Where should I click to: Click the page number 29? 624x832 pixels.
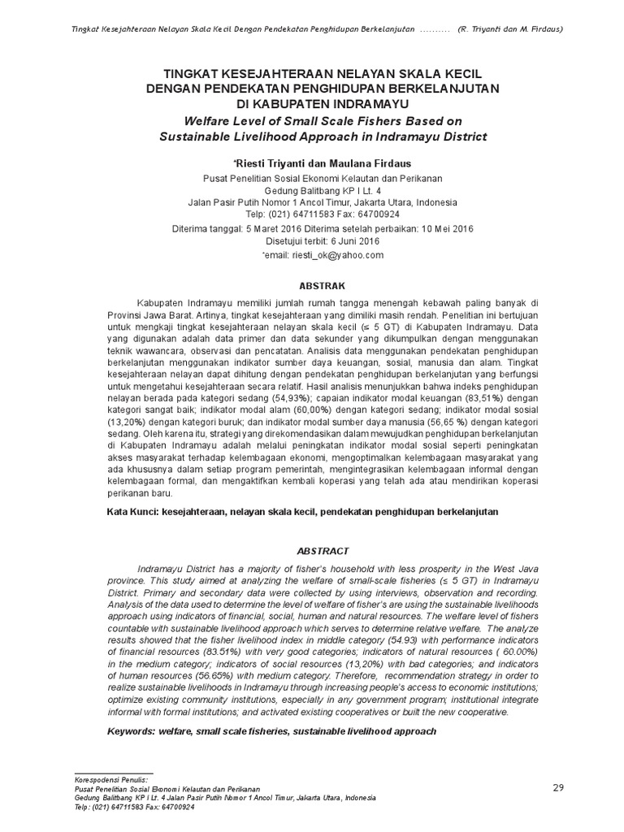coord(557,787)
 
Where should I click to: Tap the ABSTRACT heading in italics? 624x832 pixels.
coord(323,550)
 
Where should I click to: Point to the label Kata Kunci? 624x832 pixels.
coord(132,513)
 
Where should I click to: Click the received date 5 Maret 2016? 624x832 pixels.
coord(279,228)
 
